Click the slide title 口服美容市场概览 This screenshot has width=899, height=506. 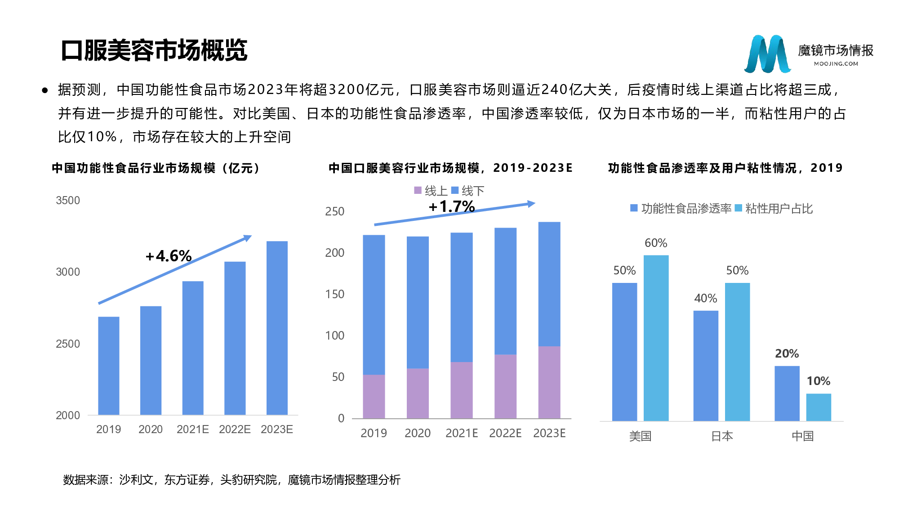[154, 50]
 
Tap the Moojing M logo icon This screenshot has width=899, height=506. [767, 54]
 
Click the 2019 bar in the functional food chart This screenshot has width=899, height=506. [109, 365]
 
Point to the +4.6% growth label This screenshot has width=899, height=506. [169, 256]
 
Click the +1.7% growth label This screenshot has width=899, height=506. [452, 206]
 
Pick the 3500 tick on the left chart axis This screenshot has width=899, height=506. [68, 200]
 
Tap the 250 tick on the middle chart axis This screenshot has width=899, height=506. [335, 211]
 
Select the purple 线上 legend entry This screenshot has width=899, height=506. [430, 191]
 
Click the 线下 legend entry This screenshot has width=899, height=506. [467, 191]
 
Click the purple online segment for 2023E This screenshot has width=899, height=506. [549, 382]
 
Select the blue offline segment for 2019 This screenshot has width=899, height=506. [374, 304]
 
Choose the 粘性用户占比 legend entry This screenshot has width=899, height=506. [774, 208]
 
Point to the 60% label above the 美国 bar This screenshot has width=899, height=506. [656, 243]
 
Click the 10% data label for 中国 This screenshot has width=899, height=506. [819, 381]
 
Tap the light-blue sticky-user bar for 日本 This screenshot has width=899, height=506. [737, 352]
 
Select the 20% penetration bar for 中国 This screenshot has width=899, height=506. [787, 393]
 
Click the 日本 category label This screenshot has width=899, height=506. [722, 436]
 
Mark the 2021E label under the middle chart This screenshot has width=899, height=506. [462, 433]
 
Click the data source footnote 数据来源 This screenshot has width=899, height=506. [231, 480]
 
